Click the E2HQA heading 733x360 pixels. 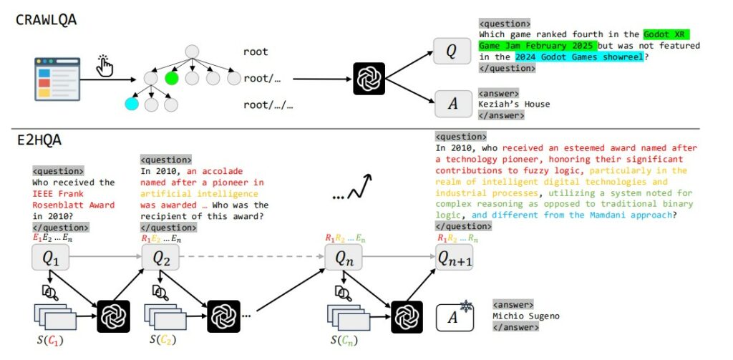[39, 140]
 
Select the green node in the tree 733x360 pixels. [170, 77]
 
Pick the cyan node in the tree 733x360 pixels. [131, 104]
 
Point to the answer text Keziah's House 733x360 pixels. [514, 104]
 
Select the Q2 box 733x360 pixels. [160, 256]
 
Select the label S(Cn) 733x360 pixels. [346, 339]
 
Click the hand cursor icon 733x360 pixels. [105, 66]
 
